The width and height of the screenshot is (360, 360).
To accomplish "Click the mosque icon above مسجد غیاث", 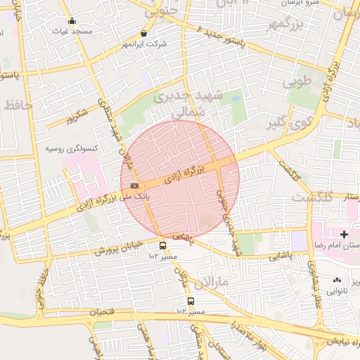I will pos(72,21).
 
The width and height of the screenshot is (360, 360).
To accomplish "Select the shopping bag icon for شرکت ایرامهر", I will pos(144,32).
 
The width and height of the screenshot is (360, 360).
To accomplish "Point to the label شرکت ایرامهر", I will pos(144,44).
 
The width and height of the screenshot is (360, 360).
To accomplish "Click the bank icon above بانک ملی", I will pos(134,186).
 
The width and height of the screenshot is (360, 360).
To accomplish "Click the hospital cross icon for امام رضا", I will pos(344,233).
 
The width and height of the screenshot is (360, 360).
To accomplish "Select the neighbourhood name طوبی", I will pos(296,82).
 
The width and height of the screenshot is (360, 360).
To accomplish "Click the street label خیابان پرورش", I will pos(120,247).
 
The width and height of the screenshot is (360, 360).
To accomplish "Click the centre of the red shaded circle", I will pos(180,179).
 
